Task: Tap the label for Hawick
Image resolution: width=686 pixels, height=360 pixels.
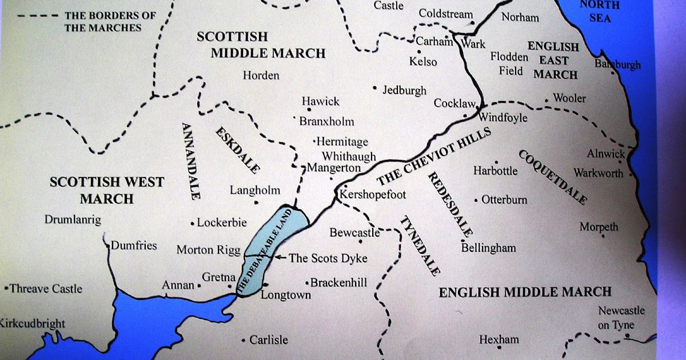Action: (320, 102)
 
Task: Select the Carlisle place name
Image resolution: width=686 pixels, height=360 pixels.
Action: (268, 340)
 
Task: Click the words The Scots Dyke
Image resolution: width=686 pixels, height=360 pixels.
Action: (328, 258)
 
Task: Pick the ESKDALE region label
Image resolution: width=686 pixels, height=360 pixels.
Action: (237, 150)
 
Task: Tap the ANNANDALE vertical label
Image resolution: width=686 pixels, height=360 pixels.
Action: (191, 160)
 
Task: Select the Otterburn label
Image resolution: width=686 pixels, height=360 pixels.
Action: (504, 200)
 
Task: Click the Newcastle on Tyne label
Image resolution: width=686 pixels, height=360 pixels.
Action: (621, 318)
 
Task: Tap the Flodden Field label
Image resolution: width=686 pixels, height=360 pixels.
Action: (509, 63)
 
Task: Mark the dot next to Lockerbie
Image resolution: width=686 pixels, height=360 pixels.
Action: (193, 223)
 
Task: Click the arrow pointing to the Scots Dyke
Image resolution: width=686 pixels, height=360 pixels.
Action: (280, 258)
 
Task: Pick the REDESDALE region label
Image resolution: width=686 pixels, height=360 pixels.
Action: (451, 204)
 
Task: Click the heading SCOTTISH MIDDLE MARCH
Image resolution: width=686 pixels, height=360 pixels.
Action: (261, 45)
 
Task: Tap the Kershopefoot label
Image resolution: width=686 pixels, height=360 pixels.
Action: (372, 195)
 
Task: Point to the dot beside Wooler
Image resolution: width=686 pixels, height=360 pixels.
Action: (547, 100)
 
